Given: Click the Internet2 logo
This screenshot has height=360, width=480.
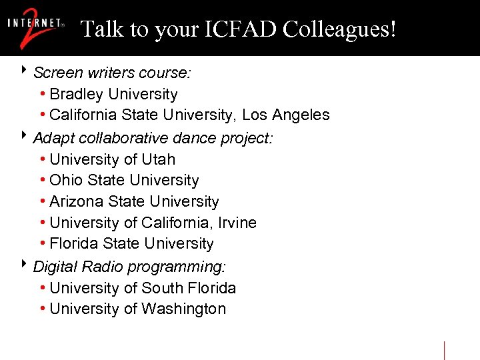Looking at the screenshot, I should tap(36, 28).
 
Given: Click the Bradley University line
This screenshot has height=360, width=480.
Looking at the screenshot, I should tap(113, 95).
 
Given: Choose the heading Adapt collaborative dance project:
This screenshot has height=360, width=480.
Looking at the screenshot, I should tap(153, 138).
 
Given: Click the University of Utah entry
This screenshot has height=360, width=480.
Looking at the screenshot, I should tap(112, 159).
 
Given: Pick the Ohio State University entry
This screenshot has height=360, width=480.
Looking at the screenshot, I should tap(124, 181).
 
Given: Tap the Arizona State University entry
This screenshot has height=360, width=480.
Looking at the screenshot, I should tap(134, 202).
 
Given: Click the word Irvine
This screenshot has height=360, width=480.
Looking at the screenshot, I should tap(238, 223).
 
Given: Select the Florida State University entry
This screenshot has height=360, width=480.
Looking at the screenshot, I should tap(131, 244).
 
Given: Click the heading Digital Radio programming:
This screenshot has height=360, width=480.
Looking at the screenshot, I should tap(129, 267).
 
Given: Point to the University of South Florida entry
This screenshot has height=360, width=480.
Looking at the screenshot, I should tap(143, 288).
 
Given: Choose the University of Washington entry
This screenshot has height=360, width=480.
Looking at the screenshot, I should tap(137, 309).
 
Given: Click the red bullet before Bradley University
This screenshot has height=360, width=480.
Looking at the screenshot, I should tap(43, 95).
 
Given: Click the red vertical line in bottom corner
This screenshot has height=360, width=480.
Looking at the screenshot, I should tap(445, 350).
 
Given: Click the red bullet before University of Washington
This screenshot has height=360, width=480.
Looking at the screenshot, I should tap(43, 309).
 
